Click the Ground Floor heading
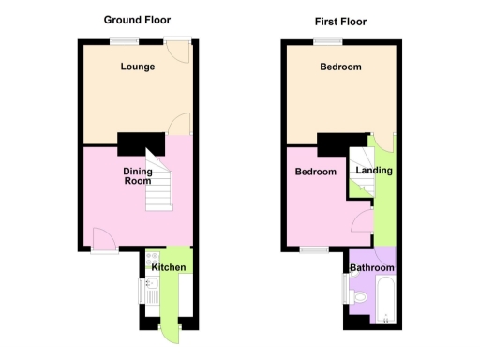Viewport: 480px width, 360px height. tap(137, 20)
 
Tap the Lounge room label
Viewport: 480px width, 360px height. tap(137, 67)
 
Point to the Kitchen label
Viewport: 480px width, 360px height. tap(169, 269)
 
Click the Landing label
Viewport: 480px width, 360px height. tap(375, 171)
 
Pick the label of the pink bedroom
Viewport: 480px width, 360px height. tap(316, 172)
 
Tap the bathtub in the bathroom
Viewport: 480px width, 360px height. tap(385, 305)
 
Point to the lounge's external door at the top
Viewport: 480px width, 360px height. tap(176, 49)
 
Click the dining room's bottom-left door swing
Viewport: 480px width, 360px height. tap(104, 242)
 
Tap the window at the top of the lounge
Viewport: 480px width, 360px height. tap(122, 40)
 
